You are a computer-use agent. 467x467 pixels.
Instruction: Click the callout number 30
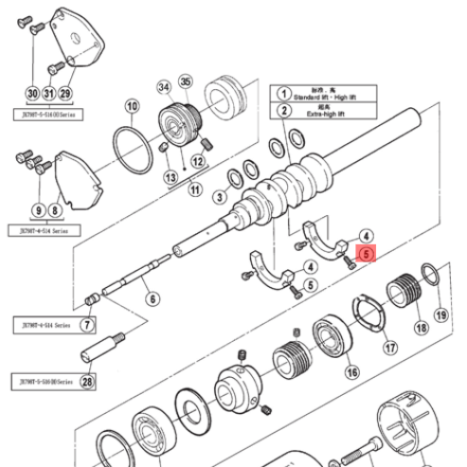pos(32,93)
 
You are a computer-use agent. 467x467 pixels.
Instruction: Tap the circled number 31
pos(48,93)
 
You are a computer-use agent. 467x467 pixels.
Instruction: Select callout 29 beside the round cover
pos(65,93)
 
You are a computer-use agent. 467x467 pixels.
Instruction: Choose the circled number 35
pos(186,81)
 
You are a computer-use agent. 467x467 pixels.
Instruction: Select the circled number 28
pos(87,383)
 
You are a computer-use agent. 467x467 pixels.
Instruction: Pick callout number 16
pos(352,373)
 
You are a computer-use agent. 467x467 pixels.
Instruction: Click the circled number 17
pos(389,349)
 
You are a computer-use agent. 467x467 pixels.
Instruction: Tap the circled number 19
pos(440,314)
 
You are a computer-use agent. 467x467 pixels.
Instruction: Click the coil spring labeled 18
pos(406,288)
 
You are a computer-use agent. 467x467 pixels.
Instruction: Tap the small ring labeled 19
pos(429,276)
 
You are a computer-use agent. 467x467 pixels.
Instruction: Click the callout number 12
pos(198,161)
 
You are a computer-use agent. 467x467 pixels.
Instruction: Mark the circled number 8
pos(54,208)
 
